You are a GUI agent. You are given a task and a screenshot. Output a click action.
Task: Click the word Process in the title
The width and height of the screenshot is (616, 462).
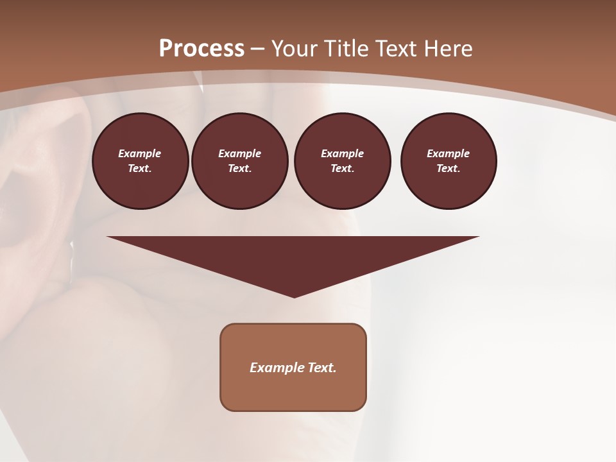201,49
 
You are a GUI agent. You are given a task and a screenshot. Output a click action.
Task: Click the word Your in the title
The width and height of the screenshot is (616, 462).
295,49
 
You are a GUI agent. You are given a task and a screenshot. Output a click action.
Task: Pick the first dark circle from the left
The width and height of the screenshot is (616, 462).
141,161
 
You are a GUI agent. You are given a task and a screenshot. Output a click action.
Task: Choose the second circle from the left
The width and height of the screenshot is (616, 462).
240,161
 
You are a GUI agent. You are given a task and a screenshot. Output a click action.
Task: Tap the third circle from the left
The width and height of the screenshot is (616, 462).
343,161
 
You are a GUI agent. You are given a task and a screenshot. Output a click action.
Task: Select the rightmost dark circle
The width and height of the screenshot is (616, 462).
449,161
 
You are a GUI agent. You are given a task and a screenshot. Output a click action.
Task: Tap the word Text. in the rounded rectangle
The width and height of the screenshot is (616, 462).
321,368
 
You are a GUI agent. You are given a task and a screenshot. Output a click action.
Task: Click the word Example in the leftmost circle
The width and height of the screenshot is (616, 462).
140,153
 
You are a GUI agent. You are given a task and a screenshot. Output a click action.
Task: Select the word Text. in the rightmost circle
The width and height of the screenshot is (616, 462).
448,169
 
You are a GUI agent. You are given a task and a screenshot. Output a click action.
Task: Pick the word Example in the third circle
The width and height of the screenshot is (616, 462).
342,153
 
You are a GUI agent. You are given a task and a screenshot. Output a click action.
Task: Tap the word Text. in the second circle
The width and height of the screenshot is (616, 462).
239,169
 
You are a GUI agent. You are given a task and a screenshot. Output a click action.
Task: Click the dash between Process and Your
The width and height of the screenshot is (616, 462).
258,49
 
